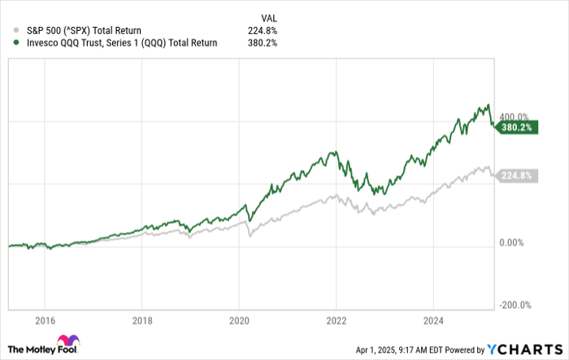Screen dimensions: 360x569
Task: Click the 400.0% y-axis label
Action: pos(515,117)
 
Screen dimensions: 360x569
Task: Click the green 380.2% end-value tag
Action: pos(516,128)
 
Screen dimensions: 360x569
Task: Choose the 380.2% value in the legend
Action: pos(264,43)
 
